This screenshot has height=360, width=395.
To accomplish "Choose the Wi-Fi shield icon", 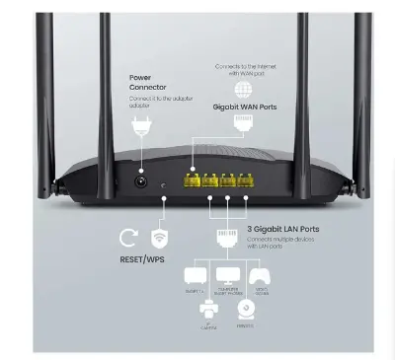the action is pyautogui.click(x=158, y=238).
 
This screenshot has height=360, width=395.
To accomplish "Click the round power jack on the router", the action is pyautogui.click(x=141, y=181).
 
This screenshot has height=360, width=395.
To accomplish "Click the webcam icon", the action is pyautogui.click(x=246, y=310).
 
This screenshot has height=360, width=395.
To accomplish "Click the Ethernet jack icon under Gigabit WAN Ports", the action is pyautogui.click(x=243, y=124).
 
